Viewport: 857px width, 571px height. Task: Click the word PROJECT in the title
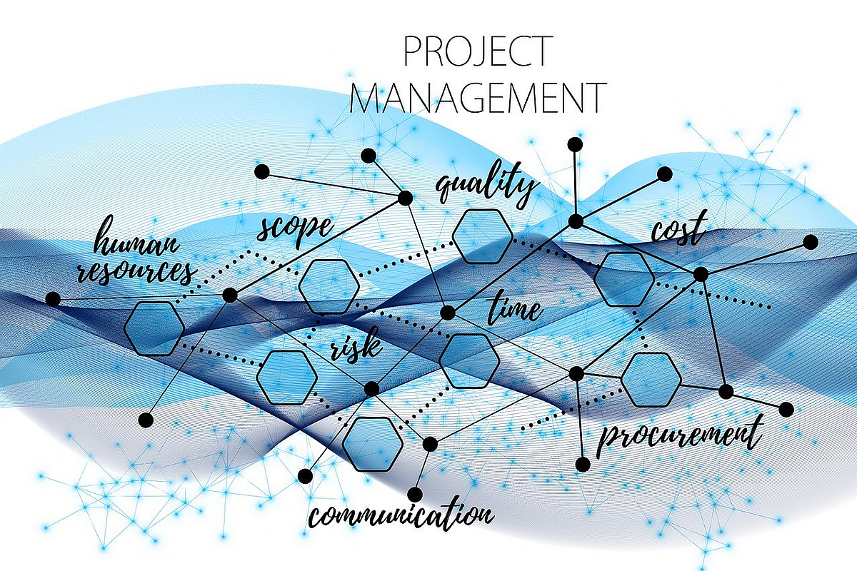pyautogui.click(x=478, y=52)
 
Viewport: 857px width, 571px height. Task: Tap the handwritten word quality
pyautogui.click(x=486, y=184)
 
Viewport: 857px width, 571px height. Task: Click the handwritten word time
pyautogui.click(x=515, y=308)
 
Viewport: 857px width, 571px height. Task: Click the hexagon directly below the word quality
pyautogui.click(x=482, y=236)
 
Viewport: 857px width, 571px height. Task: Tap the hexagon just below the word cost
pyautogui.click(x=623, y=279)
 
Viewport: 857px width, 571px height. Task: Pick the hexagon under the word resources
pyautogui.click(x=154, y=328)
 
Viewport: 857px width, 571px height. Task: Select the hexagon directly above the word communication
pyautogui.click(x=372, y=444)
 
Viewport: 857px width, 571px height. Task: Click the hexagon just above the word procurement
pyautogui.click(x=651, y=380)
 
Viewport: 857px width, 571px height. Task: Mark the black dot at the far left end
pyautogui.click(x=53, y=299)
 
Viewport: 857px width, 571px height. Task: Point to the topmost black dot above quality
pyautogui.click(x=575, y=145)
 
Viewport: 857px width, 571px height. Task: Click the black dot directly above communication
pyautogui.click(x=415, y=495)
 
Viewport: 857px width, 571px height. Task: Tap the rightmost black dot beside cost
pyautogui.click(x=811, y=242)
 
